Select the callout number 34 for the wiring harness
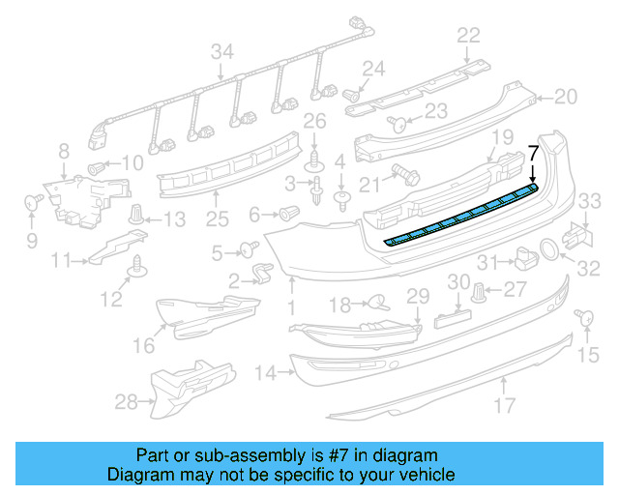[x=222, y=50]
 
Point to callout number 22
[x=468, y=36]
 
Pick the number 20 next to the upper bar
[x=565, y=97]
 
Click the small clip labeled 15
[x=583, y=317]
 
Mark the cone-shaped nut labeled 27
[x=480, y=290]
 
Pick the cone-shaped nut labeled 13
[x=138, y=213]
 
